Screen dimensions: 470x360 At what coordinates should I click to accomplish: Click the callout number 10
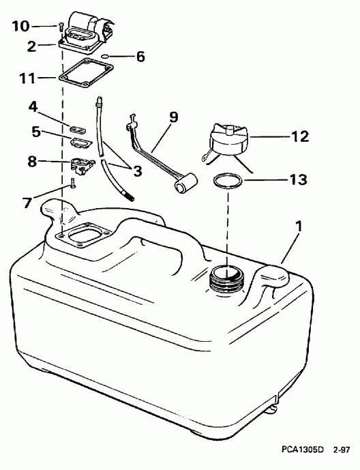point(21,27)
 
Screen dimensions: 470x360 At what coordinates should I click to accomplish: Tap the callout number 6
point(140,56)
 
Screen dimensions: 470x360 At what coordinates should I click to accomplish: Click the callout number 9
point(172,117)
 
